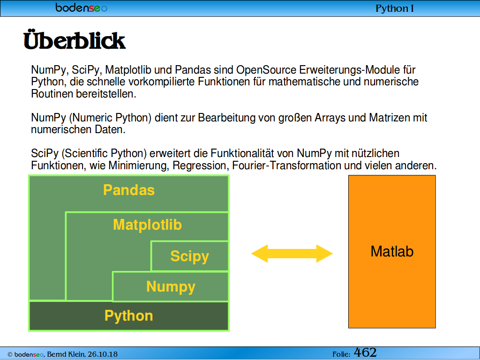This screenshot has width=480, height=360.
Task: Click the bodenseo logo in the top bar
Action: tap(82, 7)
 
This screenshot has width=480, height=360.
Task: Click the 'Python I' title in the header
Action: tap(395, 8)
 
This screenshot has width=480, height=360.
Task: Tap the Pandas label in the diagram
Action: tap(129, 190)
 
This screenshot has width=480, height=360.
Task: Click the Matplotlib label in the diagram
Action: tap(147, 225)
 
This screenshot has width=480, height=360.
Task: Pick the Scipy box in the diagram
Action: tap(190, 256)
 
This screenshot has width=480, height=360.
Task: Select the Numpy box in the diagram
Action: tap(171, 286)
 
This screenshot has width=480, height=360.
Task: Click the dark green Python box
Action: tap(129, 316)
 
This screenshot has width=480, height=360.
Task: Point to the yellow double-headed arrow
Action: tap(292, 254)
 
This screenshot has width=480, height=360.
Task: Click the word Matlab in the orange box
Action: tap(392, 251)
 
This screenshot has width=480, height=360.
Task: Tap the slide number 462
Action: tap(365, 352)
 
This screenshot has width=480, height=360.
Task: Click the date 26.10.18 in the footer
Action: tap(103, 354)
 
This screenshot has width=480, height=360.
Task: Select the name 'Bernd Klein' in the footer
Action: tap(66, 354)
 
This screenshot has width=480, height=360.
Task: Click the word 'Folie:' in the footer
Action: tap(341, 354)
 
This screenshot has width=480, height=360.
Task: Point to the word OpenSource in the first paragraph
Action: tap(266, 70)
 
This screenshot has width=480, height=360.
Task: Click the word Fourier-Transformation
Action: tap(286, 165)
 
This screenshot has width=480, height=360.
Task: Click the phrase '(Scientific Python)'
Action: tap(105, 153)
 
